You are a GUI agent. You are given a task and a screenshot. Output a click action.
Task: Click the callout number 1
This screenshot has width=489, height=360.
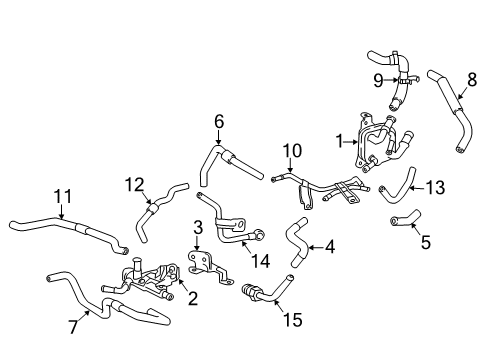(341, 139)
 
